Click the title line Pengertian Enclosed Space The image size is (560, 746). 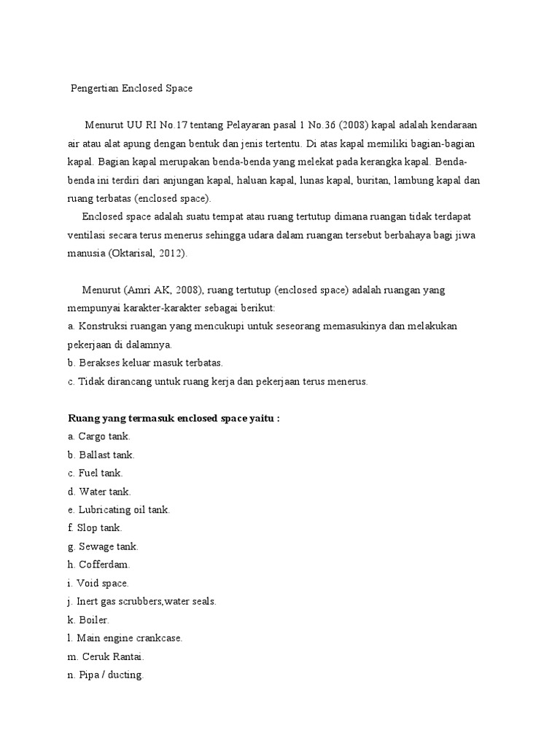point(132,89)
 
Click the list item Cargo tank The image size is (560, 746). point(99,436)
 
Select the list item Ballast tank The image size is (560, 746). point(101,455)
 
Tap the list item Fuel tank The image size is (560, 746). point(95,473)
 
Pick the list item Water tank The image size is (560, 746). point(99,492)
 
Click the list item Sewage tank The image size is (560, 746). point(103,546)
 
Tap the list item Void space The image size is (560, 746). point(98,584)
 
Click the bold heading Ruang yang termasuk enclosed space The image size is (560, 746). point(174,418)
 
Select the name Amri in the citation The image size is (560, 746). point(139,290)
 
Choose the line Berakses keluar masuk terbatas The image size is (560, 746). point(145,363)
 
